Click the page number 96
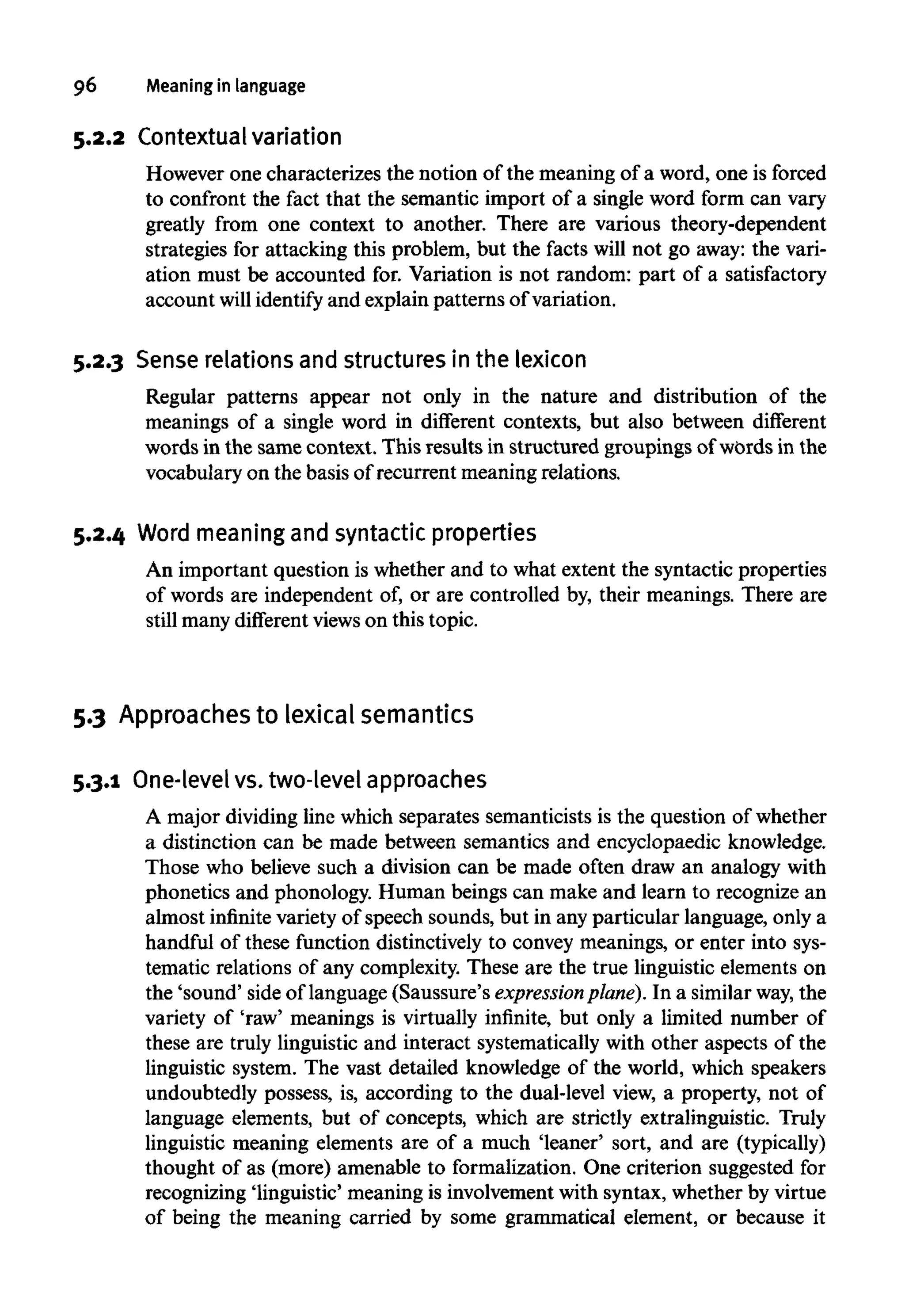tap(85, 86)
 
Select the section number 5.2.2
tap(99, 138)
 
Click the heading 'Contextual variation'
tap(240, 137)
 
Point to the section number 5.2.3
tap(99, 361)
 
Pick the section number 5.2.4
tap(99, 534)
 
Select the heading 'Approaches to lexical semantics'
tap(296, 714)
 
